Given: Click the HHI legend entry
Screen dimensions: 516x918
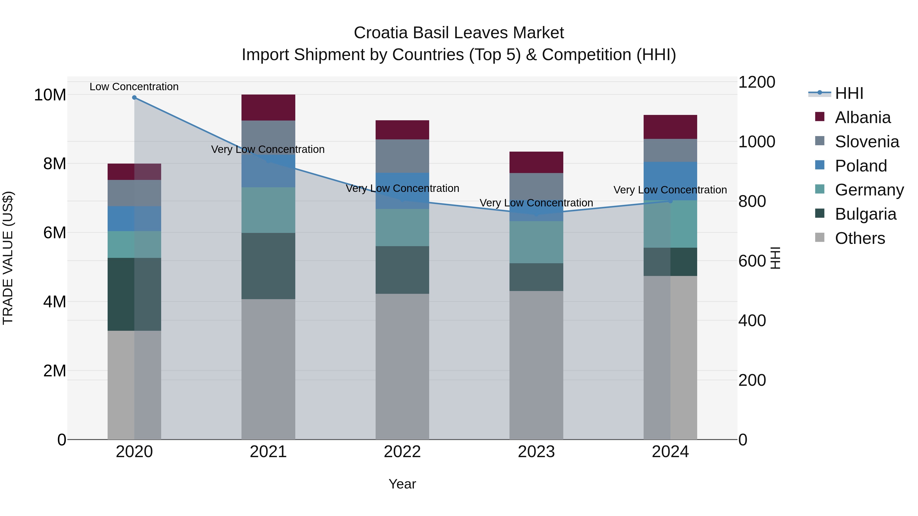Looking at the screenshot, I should tap(849, 93).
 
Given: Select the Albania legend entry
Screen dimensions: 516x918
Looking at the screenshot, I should tap(862, 117).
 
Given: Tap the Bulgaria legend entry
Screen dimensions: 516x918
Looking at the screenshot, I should tap(865, 214).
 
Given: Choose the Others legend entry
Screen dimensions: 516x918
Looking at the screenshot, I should tap(860, 238).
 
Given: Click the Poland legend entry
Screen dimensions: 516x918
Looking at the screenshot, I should tap(861, 166).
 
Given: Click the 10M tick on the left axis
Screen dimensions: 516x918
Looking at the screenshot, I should tap(50, 95).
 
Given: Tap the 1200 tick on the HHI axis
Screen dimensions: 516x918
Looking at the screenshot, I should tap(756, 82).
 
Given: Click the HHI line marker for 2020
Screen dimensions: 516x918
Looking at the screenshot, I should tap(134, 98).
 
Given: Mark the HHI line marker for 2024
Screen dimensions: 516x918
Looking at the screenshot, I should tap(670, 201).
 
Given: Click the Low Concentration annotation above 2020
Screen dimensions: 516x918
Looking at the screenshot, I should tap(134, 87).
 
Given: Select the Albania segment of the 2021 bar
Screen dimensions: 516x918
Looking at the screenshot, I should tap(268, 108).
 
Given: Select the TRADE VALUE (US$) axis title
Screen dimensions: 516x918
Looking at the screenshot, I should tap(8, 258).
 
